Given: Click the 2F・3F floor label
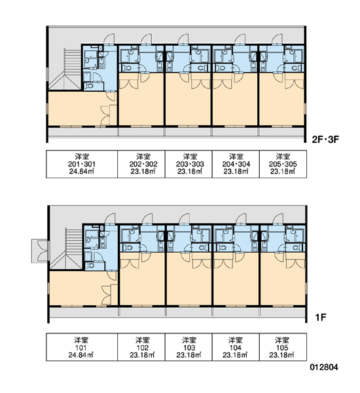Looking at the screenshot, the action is (325, 139).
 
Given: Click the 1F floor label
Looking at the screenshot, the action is (321, 318).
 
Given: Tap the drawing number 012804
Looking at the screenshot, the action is (324, 367).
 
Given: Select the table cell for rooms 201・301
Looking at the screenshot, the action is (82, 164).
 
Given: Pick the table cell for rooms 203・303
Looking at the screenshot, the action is (189, 164).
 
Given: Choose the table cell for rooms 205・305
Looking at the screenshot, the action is (283, 164).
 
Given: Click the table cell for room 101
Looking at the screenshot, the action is (82, 347).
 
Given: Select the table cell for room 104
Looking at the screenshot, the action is (236, 347).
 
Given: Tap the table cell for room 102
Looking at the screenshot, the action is (141, 347).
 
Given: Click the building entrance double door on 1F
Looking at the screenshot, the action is (41, 251).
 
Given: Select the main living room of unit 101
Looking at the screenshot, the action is (80, 288).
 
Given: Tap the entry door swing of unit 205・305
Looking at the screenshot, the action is (277, 39).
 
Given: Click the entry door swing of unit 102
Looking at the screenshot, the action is (147, 219).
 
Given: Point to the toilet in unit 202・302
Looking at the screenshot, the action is (128, 67).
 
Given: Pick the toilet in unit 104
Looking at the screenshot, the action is (221, 248).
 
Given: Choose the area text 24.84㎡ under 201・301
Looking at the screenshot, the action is (81, 172).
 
